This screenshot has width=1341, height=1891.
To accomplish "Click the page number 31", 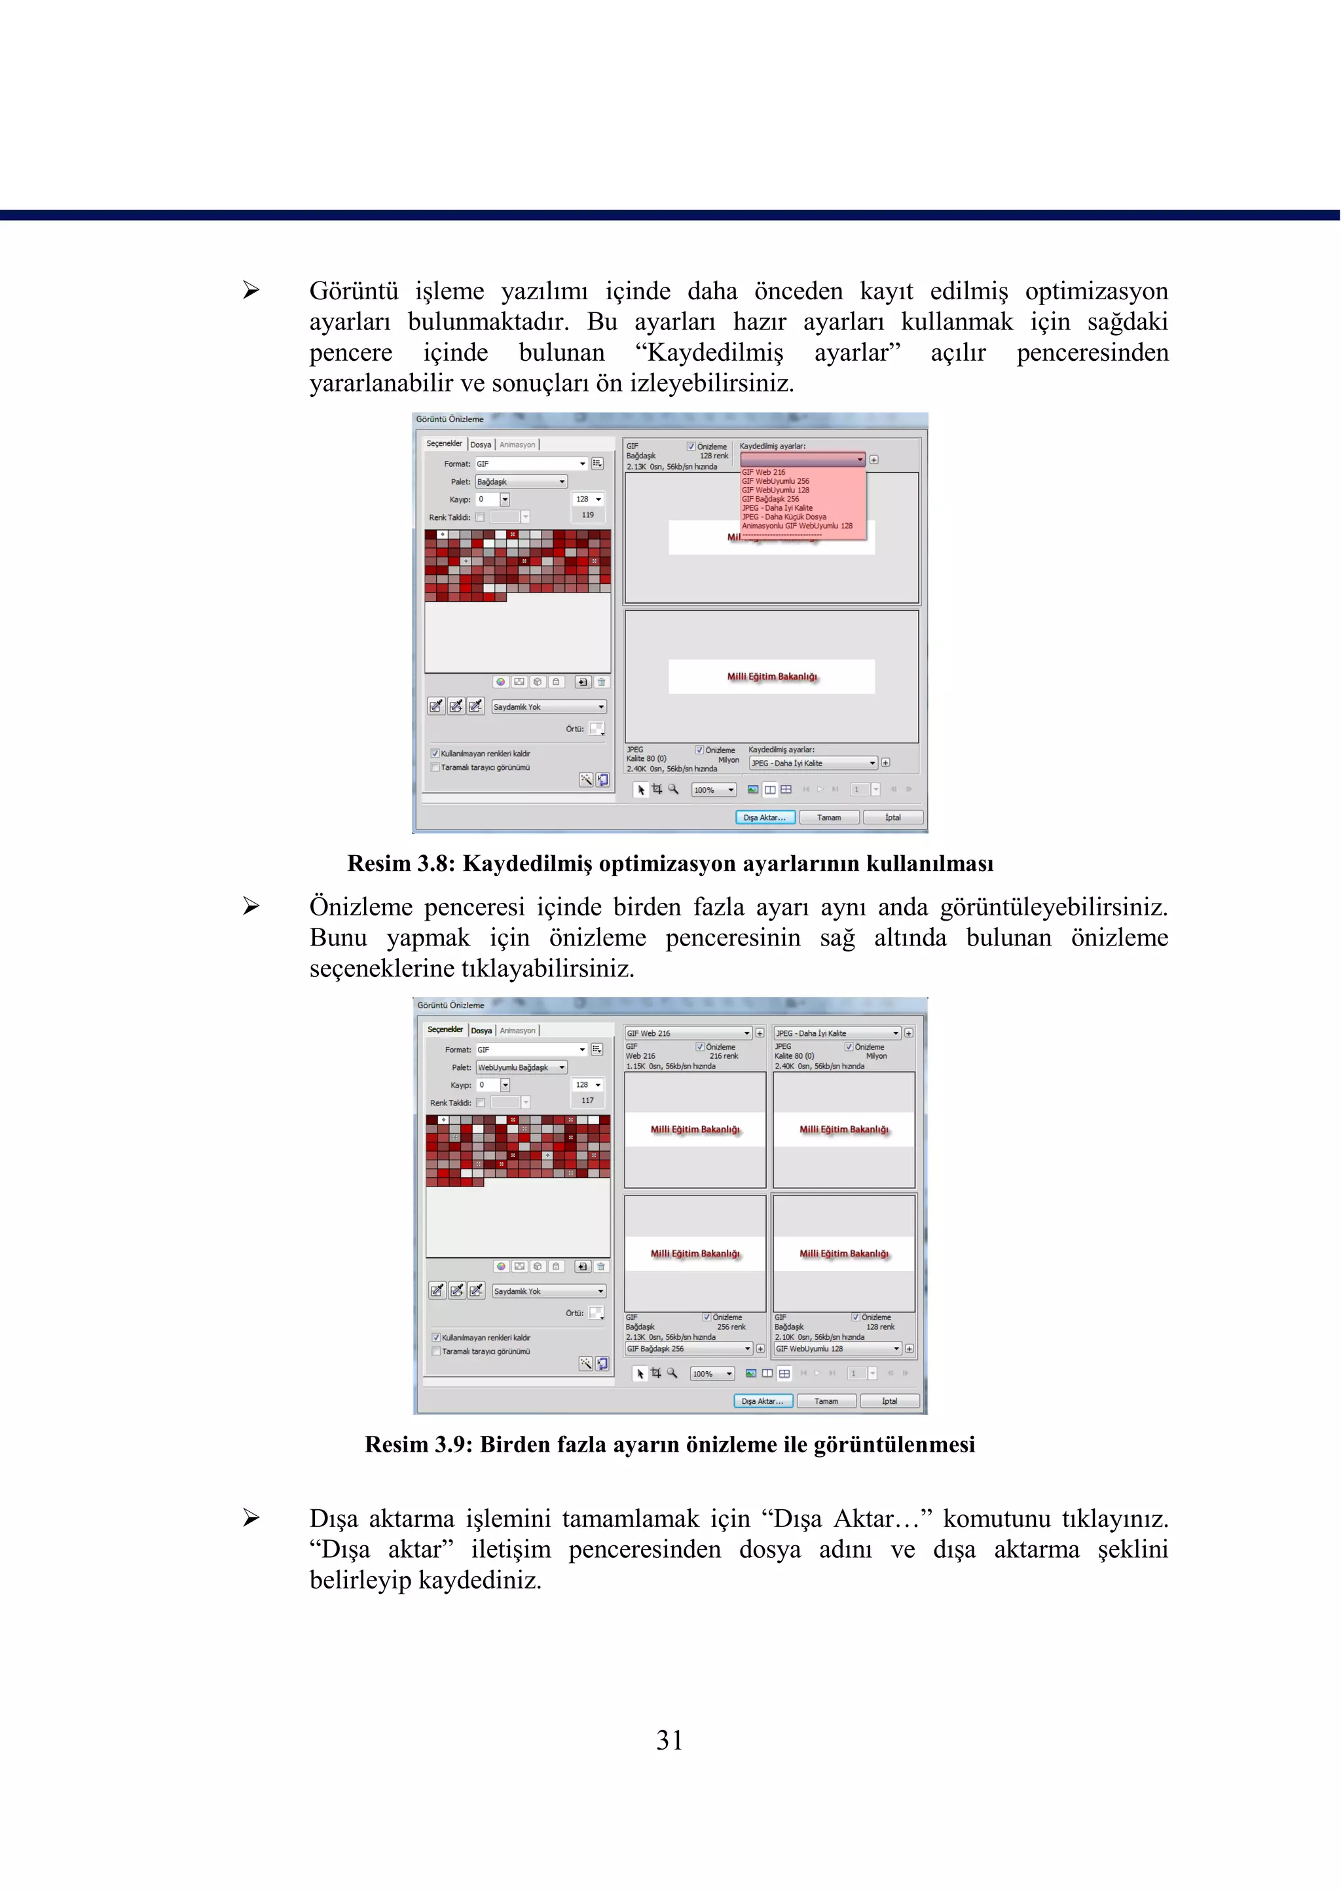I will pos(670,1740).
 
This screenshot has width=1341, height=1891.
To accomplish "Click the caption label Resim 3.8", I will pos(401,864).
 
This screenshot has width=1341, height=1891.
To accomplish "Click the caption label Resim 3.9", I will pos(418,1444).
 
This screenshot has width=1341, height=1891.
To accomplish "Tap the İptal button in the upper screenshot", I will pos(892,818).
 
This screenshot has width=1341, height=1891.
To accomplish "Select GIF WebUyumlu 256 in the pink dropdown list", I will pos(775,481).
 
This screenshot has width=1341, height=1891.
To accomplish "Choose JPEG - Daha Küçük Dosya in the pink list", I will pos(784,517).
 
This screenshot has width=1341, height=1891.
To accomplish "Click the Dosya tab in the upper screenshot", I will pos(481,444).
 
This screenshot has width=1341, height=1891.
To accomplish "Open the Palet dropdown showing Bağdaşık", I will pos(521,481).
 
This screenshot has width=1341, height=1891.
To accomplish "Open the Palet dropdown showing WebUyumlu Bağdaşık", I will pos(521,1068).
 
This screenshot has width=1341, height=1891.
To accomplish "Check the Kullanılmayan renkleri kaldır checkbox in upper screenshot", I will pos(435,754).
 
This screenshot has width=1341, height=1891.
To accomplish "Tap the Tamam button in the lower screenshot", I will pos(826,1401).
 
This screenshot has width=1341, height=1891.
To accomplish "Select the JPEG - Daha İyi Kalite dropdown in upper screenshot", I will pos(813,763).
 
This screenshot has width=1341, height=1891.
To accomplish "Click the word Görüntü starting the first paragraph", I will pos(354,291).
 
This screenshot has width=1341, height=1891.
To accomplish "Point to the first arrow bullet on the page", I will pos(251,290).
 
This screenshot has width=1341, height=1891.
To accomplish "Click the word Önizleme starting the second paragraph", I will pos(360,908).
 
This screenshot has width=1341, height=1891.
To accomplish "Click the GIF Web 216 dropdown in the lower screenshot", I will pos(688,1034).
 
